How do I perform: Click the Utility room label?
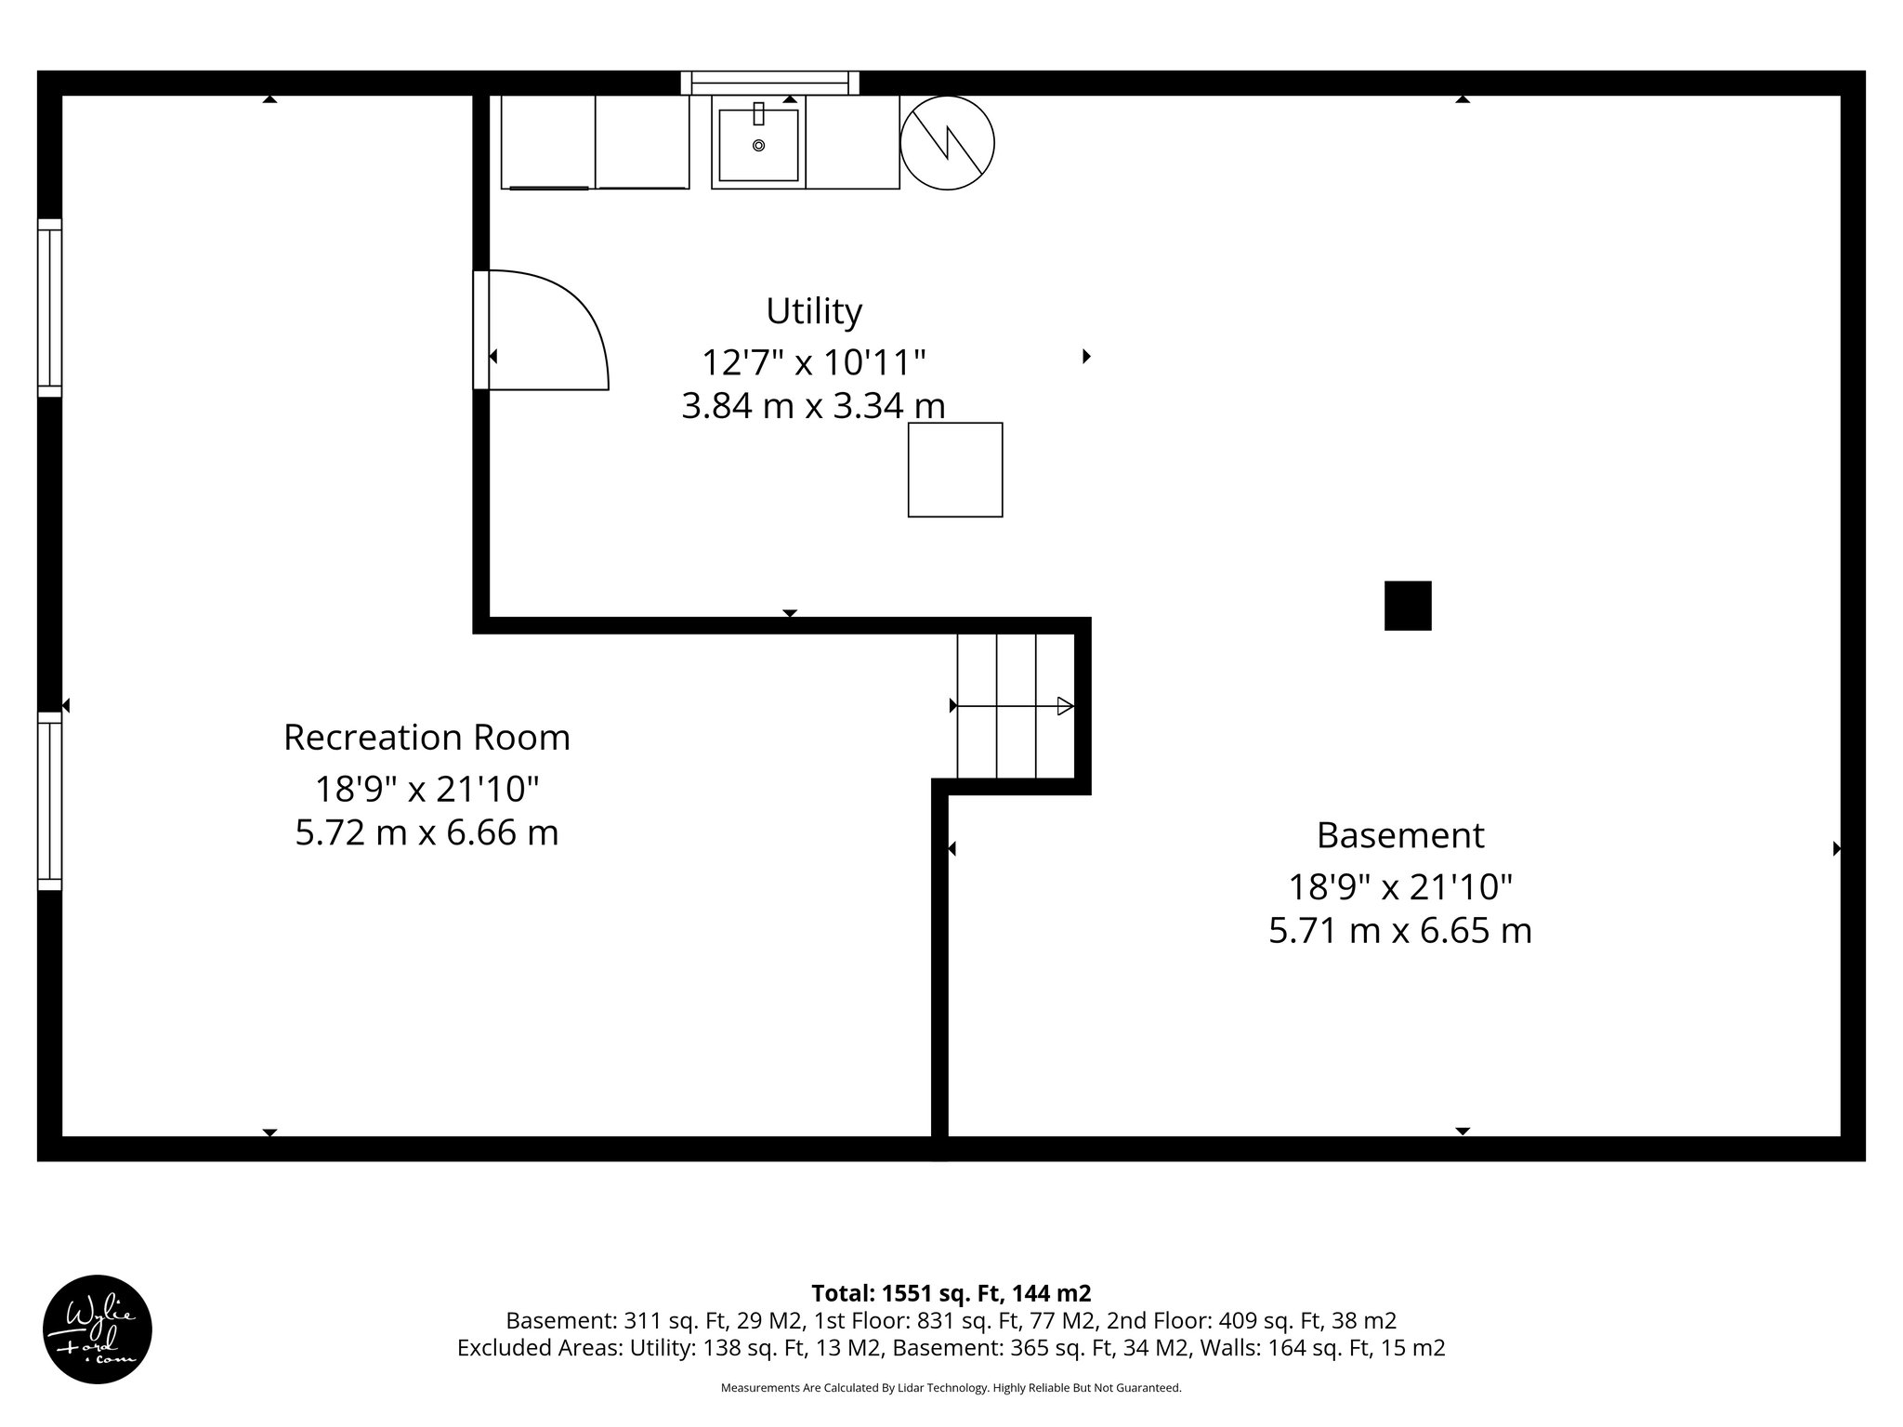(813, 311)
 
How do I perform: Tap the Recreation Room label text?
(427, 738)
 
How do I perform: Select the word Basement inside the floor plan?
(1399, 835)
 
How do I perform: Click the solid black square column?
(1407, 606)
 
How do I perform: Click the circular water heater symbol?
(947, 143)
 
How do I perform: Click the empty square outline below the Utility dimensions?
(954, 469)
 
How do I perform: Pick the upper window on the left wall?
(49, 308)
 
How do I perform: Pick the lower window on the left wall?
(49, 801)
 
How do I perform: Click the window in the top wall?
(769, 83)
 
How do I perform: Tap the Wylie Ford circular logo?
(97, 1329)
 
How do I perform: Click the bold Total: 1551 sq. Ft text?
(951, 1293)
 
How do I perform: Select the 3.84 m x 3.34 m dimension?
(813, 406)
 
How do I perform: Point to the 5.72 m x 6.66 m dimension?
(427, 832)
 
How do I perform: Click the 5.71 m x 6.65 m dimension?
(1399, 930)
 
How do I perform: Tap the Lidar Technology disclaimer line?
(951, 1388)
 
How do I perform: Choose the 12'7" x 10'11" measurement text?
(813, 361)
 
